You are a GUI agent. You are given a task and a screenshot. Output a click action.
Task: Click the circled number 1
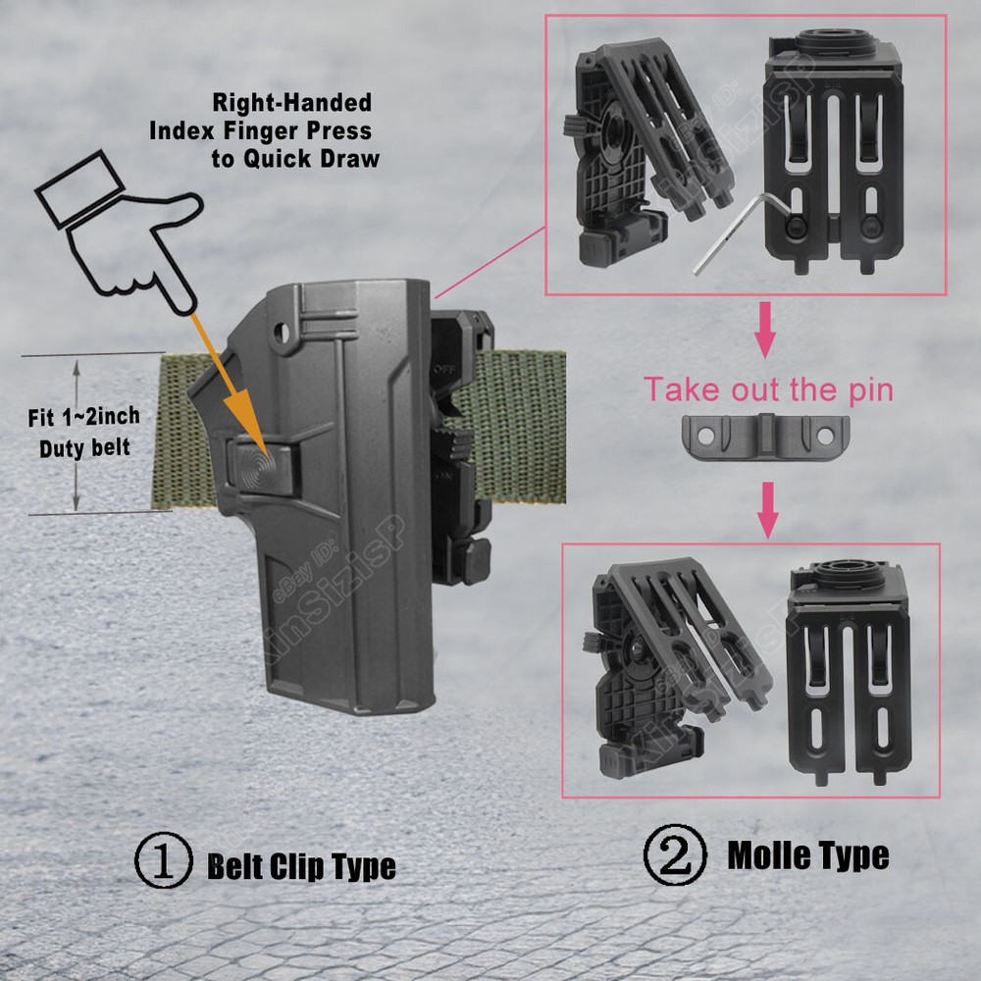click(x=164, y=859)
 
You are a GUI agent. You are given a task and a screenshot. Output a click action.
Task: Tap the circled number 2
click(x=675, y=854)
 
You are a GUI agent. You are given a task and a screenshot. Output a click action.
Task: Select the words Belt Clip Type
click(x=301, y=866)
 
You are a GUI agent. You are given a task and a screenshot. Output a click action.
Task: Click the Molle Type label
click(x=808, y=854)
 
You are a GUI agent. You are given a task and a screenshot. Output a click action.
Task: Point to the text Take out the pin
click(x=769, y=389)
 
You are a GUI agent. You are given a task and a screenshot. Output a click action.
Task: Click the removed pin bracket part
click(x=766, y=437)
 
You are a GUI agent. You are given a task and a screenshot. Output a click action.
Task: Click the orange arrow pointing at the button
click(x=231, y=386)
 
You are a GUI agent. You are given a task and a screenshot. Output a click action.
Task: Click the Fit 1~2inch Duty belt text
click(x=83, y=433)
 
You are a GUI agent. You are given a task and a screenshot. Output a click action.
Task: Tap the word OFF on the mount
click(x=444, y=369)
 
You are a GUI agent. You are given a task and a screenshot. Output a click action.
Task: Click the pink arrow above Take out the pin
click(x=765, y=330)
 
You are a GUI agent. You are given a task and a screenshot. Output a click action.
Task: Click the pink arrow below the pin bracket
click(x=768, y=510)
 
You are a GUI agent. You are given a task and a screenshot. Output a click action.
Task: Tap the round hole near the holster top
click(x=283, y=333)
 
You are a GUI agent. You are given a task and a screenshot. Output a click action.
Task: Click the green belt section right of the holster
click(x=521, y=426)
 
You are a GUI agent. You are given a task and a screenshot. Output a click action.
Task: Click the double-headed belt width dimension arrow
click(x=77, y=435)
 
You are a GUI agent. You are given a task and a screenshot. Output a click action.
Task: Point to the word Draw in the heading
click(x=350, y=158)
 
